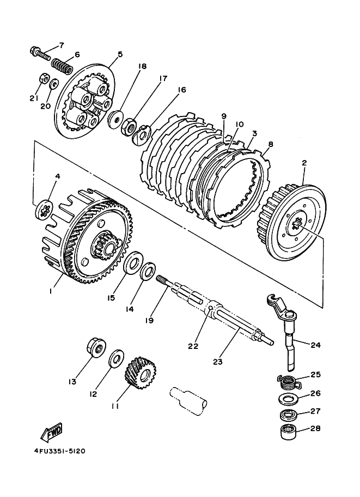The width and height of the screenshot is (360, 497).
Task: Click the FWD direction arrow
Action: point(52,432)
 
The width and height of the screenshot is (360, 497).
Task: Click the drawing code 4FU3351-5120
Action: point(59,451)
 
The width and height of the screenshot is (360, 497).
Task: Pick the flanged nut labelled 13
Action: point(96,347)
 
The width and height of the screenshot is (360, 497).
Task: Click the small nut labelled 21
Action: point(44,79)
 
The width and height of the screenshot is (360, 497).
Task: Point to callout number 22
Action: point(193,346)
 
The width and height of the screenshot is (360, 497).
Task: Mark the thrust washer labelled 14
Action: point(148,271)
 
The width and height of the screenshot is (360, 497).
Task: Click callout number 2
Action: point(304,163)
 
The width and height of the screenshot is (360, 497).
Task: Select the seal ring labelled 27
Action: point(289,414)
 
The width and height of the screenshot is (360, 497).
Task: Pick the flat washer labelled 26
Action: point(288,398)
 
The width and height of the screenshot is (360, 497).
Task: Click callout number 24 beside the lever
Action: point(315,345)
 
